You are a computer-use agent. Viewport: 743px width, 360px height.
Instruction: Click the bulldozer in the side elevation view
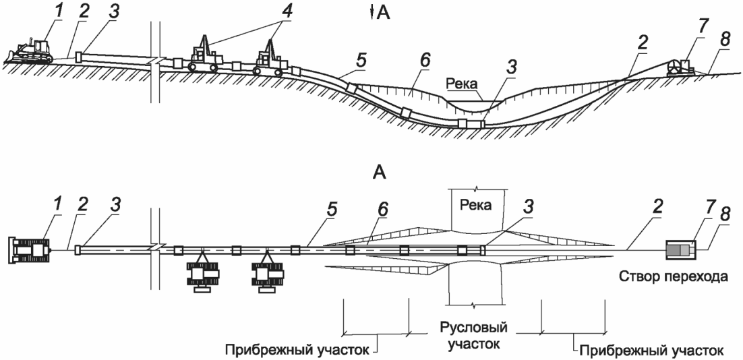coord(32,52)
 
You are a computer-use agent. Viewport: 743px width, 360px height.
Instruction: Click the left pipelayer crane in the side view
coord(202,55)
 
